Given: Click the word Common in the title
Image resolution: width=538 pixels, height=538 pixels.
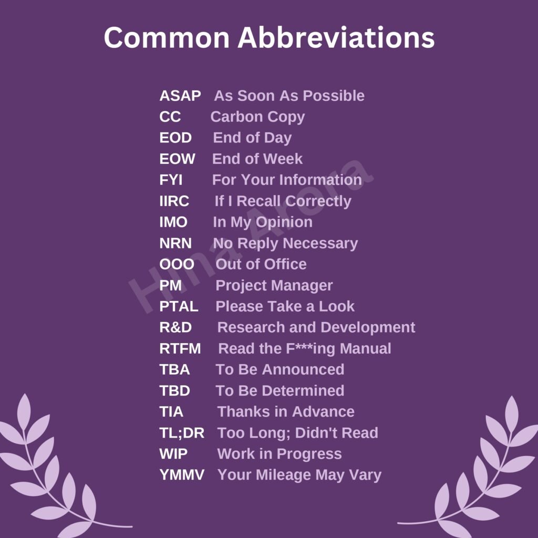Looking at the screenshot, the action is (167, 37).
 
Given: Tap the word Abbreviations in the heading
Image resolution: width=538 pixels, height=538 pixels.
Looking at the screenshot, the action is (336, 37).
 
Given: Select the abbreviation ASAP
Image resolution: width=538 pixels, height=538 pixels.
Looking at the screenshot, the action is (180, 96).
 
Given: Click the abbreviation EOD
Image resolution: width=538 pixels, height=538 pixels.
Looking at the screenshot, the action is (175, 138).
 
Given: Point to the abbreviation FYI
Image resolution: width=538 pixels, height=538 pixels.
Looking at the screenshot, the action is (171, 180).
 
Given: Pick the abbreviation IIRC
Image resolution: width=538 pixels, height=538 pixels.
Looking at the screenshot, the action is (174, 201).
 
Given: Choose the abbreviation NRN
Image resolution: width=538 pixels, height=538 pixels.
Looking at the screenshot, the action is (175, 243).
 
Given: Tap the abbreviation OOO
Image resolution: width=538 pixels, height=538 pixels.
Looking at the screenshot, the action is (177, 264).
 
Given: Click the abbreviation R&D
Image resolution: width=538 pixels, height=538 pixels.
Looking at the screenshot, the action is (175, 327).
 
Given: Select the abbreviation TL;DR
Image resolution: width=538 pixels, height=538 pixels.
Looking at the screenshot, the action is (182, 433).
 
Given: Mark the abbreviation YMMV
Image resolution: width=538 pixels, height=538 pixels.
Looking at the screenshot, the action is (182, 475).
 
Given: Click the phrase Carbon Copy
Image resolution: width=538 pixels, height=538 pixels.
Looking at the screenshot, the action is (257, 117).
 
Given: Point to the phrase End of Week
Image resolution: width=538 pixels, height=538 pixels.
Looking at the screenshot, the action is (257, 159).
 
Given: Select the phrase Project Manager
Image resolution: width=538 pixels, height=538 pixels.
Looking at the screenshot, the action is (274, 286).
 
